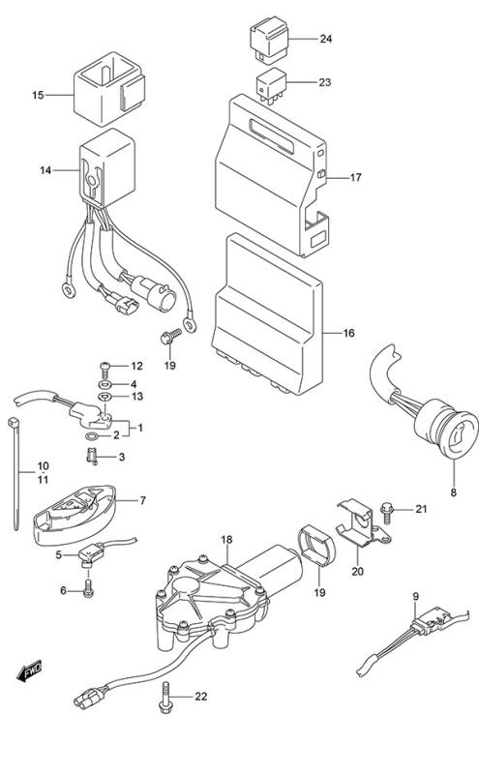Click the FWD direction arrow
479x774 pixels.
tap(29, 670)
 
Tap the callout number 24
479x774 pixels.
tap(326, 39)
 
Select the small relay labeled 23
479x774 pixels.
tap(271, 85)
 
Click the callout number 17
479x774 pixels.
tap(355, 177)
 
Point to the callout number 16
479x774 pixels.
tap(348, 333)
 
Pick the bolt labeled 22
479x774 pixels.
tap(165, 697)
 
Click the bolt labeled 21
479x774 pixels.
tap(386, 512)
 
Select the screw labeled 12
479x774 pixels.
tap(106, 367)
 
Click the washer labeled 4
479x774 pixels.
tap(105, 384)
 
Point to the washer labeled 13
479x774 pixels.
tap(105, 397)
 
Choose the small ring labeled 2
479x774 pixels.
tap(91, 436)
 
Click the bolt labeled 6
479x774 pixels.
tap(88, 588)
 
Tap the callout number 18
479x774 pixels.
tap(226, 540)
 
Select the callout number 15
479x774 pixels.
tap(38, 95)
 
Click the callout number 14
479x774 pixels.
tap(45, 171)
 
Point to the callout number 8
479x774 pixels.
tap(453, 492)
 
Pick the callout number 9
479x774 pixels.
tap(415, 596)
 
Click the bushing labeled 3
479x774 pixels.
tap(92, 457)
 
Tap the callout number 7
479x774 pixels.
tap(142, 500)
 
